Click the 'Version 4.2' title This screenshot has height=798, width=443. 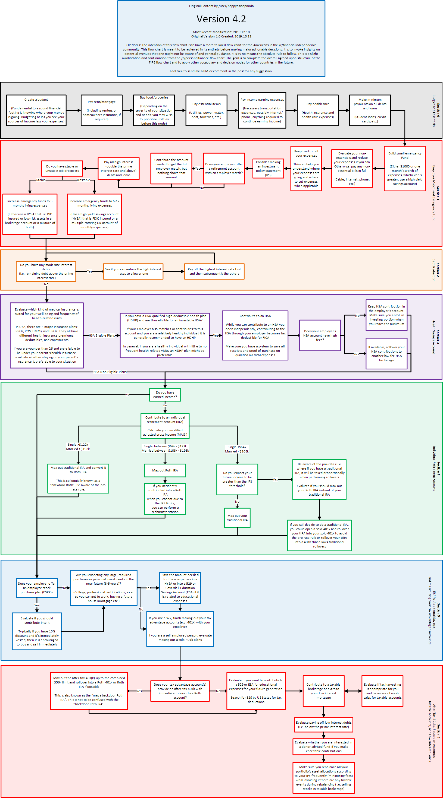click(221, 19)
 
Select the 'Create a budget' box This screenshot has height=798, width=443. click(36, 110)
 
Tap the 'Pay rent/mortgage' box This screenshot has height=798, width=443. click(101, 110)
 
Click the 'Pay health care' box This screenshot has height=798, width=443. click(318, 110)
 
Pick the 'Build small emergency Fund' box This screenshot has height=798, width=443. click(404, 168)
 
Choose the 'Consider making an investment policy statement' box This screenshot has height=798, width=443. click(268, 169)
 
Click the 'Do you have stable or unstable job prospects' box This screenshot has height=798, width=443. click(62, 169)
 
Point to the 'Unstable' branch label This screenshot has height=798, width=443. click(83, 180)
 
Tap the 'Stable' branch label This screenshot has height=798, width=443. click(41, 180)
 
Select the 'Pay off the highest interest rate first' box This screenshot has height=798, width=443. click(214, 271)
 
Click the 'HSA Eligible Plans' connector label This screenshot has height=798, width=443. click(102, 335)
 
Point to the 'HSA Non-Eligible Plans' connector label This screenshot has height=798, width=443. click(110, 372)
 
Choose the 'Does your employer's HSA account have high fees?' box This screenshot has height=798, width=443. click(320, 335)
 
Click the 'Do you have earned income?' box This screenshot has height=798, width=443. click(165, 395)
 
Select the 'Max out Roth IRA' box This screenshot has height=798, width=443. click(165, 470)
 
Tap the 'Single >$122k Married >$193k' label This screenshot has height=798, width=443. click(78, 447)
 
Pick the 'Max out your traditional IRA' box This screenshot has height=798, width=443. click(237, 518)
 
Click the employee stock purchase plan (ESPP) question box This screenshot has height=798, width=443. click(37, 588)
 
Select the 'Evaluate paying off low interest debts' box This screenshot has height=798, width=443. click(324, 725)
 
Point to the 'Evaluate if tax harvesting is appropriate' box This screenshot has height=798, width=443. click(382, 691)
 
